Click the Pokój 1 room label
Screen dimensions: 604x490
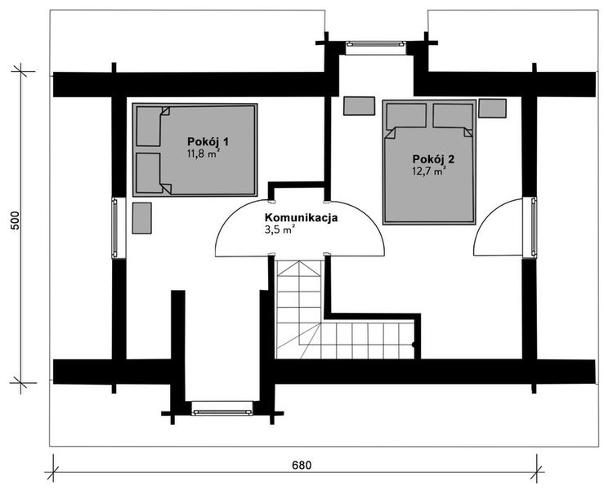pos(208,141)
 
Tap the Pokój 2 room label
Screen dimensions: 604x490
pos(433,159)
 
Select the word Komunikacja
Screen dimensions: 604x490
pos(302,217)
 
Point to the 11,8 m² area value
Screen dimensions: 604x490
pos(204,154)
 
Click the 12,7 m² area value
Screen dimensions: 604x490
pos(429,171)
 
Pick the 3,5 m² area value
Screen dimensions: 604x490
pos(280,230)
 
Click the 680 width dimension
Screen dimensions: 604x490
pos(302,465)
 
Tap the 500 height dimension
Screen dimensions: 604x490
pos(15,220)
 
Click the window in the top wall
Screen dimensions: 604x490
pos(376,44)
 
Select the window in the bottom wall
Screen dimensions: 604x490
pos(222,412)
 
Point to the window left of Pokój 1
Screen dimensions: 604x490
pos(114,228)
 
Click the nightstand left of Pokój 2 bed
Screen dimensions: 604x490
pos(359,106)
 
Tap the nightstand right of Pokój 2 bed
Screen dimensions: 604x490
pos(492,108)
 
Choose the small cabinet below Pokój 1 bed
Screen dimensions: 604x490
pos(141,218)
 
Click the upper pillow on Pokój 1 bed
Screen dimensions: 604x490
pos(149,127)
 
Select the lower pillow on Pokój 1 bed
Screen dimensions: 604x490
pos(148,172)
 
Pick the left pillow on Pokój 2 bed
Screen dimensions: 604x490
pos(406,115)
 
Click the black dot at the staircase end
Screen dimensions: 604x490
pos(414,345)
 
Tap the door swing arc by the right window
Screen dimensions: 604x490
pos(486,217)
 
